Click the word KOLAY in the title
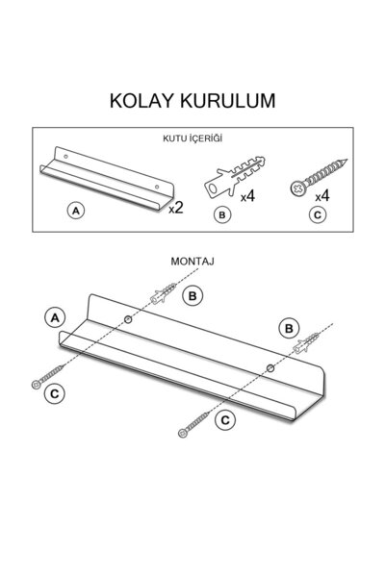(141, 100)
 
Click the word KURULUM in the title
(228, 100)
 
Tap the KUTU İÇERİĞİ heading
(192, 138)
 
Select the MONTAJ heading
(192, 262)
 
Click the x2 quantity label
(176, 208)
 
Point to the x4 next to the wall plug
(247, 196)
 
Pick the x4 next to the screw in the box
(322, 196)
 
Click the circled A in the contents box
(76, 211)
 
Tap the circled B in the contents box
(222, 214)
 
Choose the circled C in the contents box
(318, 214)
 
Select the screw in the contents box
(318, 178)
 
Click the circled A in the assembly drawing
(55, 317)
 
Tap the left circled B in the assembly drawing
(192, 295)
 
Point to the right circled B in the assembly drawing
(289, 328)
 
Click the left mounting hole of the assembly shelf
(128, 319)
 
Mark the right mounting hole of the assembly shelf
(270, 367)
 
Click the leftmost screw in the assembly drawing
(48, 376)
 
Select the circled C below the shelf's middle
(225, 420)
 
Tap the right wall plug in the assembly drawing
(305, 343)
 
